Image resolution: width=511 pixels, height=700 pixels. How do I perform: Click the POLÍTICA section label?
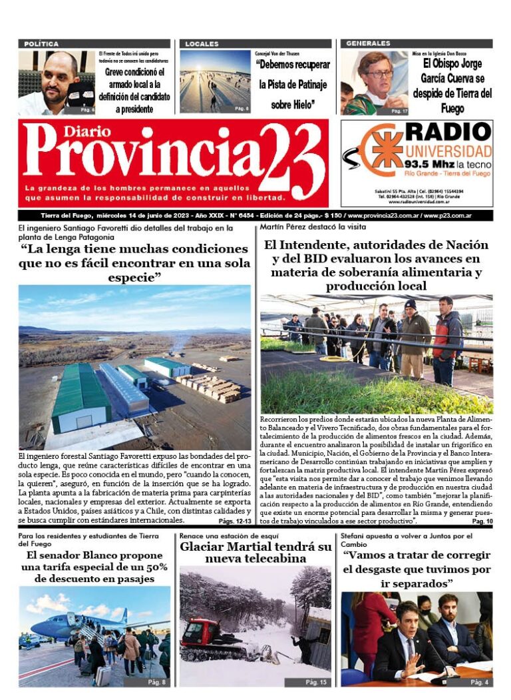coord(41,44)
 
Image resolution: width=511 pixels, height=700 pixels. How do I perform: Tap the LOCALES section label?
coord(202,44)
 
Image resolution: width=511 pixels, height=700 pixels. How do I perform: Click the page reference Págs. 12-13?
coord(234,521)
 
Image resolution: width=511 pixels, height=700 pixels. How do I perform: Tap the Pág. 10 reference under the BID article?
coord(482,521)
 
